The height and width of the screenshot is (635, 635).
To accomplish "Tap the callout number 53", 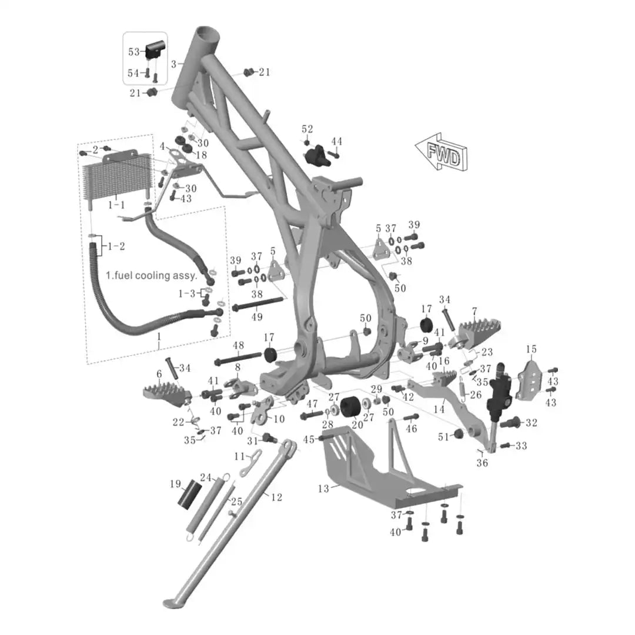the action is (133, 52).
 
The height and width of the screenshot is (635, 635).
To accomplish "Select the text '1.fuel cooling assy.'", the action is (152, 276).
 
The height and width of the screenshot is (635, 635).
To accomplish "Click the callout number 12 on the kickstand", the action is (276, 497).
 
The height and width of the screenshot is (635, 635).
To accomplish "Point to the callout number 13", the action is (323, 489).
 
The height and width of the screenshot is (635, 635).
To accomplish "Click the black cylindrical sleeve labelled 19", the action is (189, 494).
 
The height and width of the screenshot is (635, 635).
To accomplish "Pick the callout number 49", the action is (257, 317).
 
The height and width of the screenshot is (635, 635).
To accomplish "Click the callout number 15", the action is (532, 349).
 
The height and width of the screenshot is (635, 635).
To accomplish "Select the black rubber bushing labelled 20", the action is (351, 407).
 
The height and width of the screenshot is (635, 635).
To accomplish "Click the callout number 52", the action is (308, 129).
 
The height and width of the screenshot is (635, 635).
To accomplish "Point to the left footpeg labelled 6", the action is (167, 393).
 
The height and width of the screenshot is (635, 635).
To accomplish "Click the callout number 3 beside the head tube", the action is (173, 65).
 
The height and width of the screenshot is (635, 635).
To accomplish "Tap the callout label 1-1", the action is (116, 205).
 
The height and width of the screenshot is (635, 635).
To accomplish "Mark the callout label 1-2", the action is (116, 246).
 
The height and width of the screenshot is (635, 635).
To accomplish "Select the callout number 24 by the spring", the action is (206, 477).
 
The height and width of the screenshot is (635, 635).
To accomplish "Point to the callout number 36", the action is (482, 463).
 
